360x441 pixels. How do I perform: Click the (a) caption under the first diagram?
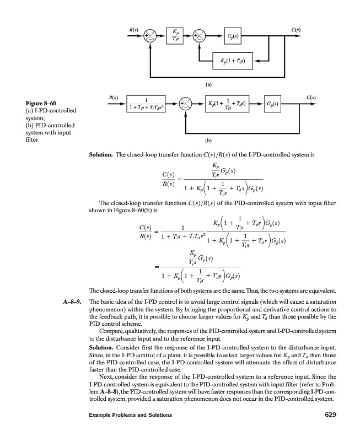click(x=209, y=84)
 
